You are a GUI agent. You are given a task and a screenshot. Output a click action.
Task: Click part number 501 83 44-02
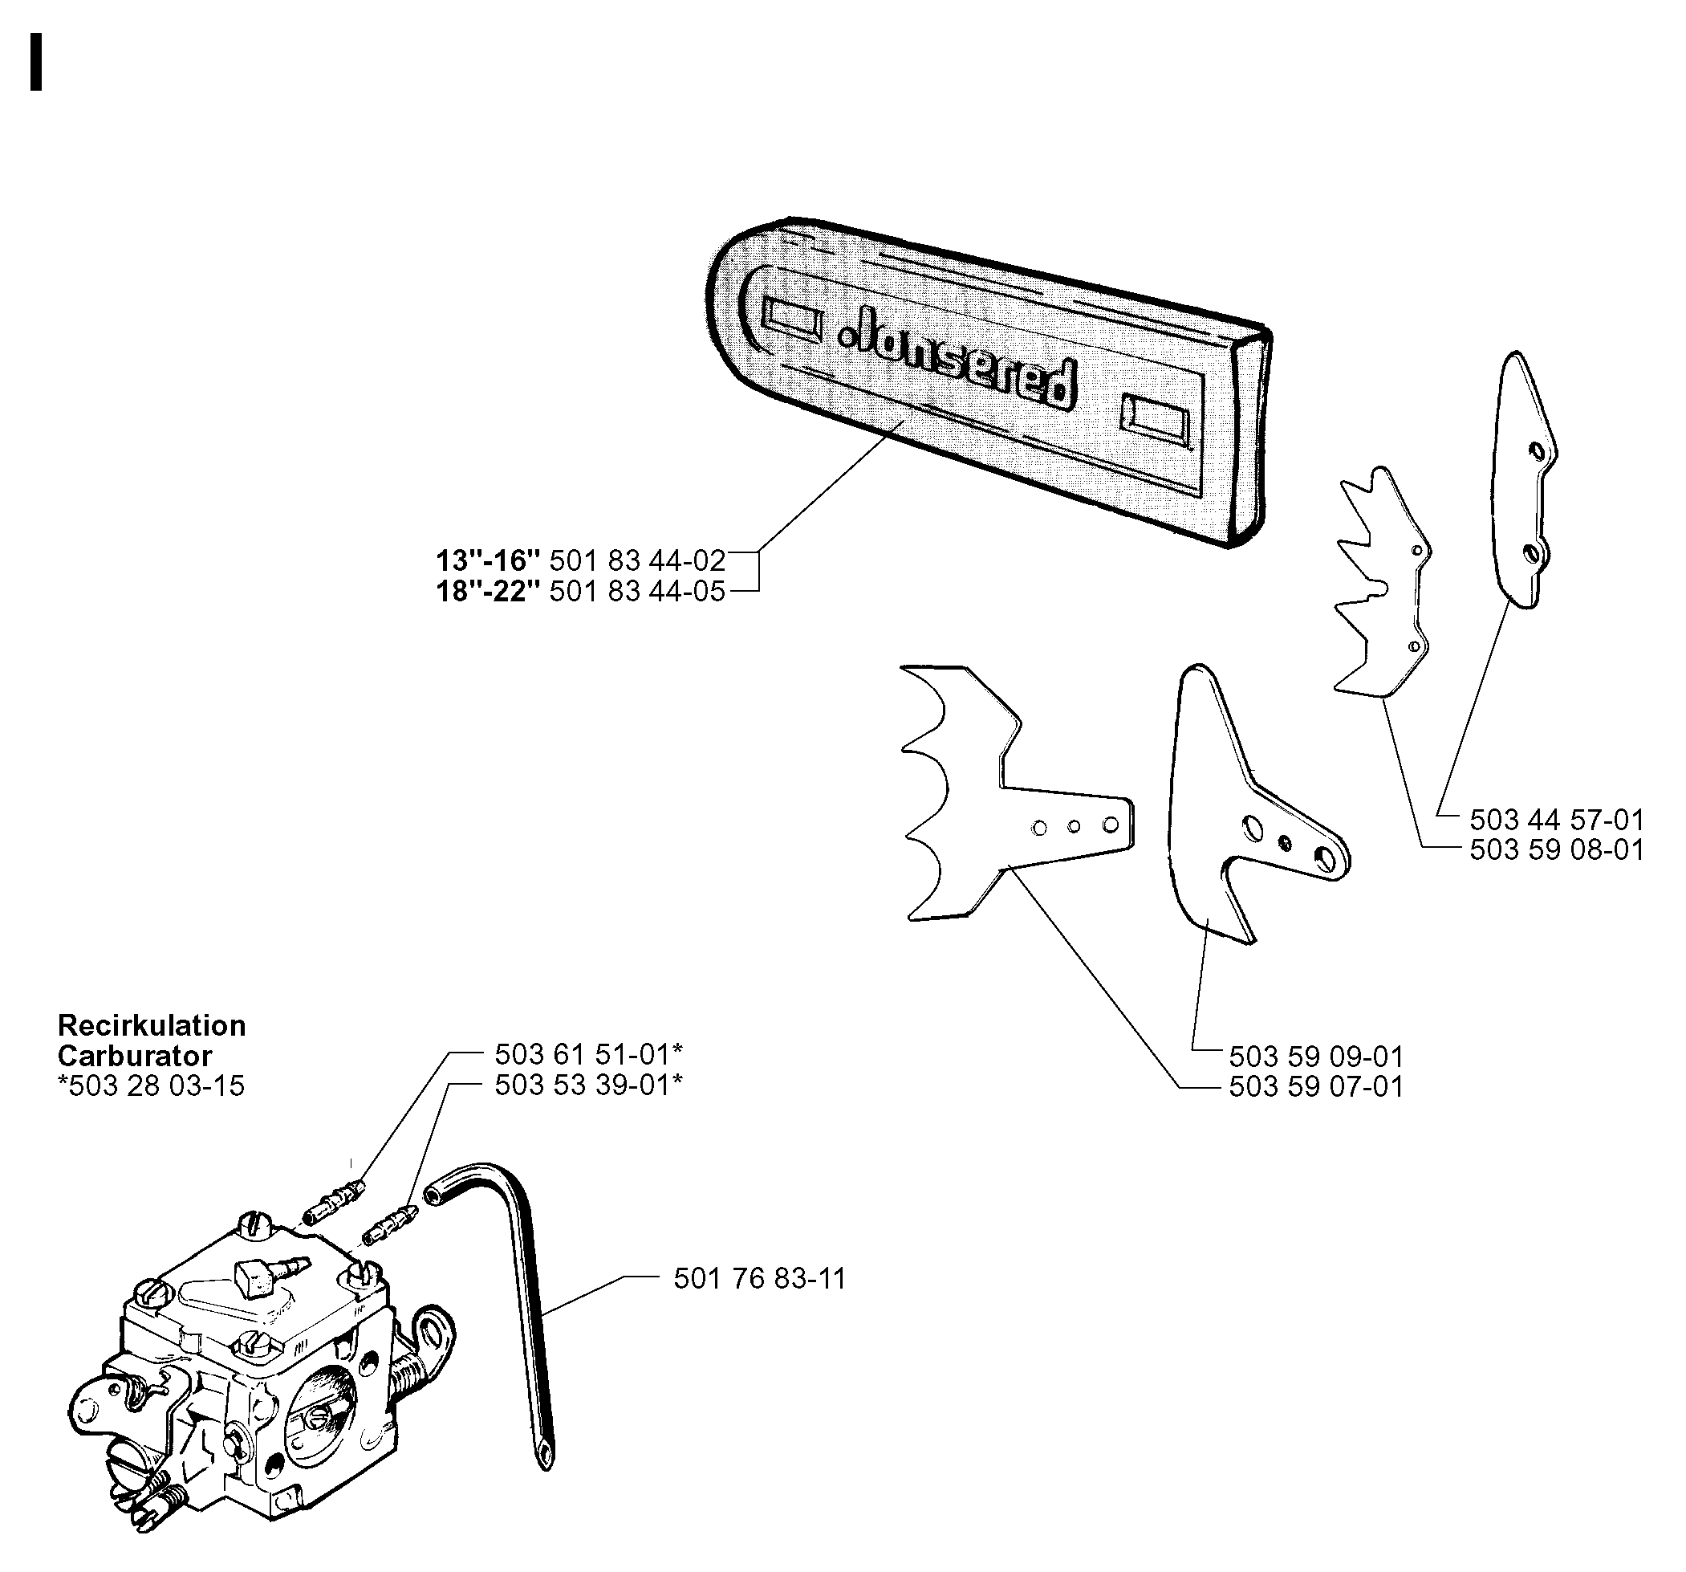point(637,560)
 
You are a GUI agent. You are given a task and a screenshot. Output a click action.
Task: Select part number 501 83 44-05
point(637,590)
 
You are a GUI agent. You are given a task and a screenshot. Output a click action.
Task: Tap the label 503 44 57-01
point(1556,820)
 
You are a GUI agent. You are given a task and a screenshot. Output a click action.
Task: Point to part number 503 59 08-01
point(1556,849)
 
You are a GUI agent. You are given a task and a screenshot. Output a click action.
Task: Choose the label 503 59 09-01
point(1316,1057)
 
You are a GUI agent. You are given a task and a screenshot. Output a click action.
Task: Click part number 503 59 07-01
point(1316,1086)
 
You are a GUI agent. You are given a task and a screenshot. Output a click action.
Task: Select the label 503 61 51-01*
point(588,1053)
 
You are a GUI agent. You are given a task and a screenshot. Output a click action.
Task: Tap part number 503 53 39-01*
point(588,1084)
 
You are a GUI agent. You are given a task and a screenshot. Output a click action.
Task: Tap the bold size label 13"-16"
point(488,560)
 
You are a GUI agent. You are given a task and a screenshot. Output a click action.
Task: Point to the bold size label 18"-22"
point(488,590)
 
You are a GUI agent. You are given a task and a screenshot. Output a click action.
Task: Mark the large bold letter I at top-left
point(35,61)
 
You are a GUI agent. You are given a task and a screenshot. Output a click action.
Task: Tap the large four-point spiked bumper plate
point(1017,793)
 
